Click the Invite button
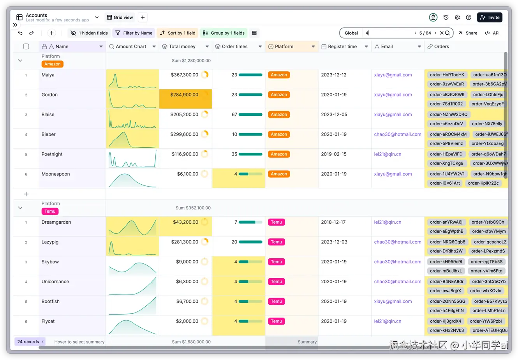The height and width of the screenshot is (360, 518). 490,18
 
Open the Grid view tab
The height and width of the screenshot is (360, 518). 120,18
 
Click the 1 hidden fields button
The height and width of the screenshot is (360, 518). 89,33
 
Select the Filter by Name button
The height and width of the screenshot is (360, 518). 134,33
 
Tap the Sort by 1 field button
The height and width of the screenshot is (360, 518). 178,33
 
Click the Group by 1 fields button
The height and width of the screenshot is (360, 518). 224,33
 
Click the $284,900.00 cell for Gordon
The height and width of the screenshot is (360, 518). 185,99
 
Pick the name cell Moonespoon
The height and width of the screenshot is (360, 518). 56,174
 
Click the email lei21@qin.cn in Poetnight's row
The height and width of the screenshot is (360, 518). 388,154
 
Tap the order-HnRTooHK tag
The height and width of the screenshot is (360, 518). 447,75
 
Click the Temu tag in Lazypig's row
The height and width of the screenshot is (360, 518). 277,242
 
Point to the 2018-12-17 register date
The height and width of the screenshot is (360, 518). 333,222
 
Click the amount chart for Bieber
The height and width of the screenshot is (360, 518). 132,139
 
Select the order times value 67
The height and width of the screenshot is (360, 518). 234,114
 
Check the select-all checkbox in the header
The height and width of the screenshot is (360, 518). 26,46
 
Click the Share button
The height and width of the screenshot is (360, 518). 468,33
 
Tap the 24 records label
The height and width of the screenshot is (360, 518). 28,341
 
